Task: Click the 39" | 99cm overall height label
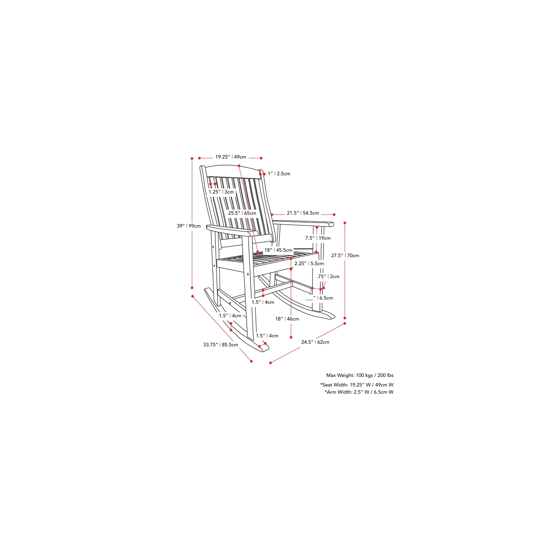(x=189, y=226)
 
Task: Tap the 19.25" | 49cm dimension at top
(x=230, y=157)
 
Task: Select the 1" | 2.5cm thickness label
(x=279, y=174)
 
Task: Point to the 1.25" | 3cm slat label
(x=221, y=192)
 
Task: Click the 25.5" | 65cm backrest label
(x=242, y=213)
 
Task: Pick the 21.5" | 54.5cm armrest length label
(x=303, y=213)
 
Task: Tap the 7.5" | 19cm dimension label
(x=318, y=238)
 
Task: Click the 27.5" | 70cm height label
(x=345, y=256)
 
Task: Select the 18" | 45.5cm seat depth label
(x=278, y=250)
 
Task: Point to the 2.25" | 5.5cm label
(x=309, y=264)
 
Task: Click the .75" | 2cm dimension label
(x=328, y=277)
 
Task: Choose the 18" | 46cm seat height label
(x=287, y=319)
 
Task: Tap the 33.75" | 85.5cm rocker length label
(x=220, y=345)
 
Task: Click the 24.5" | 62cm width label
(x=315, y=342)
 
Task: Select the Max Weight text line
(x=360, y=375)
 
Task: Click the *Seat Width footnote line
(x=357, y=385)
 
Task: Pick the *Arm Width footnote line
(x=359, y=392)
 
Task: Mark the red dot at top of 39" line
(x=192, y=158)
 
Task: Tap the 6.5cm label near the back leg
(x=326, y=298)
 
